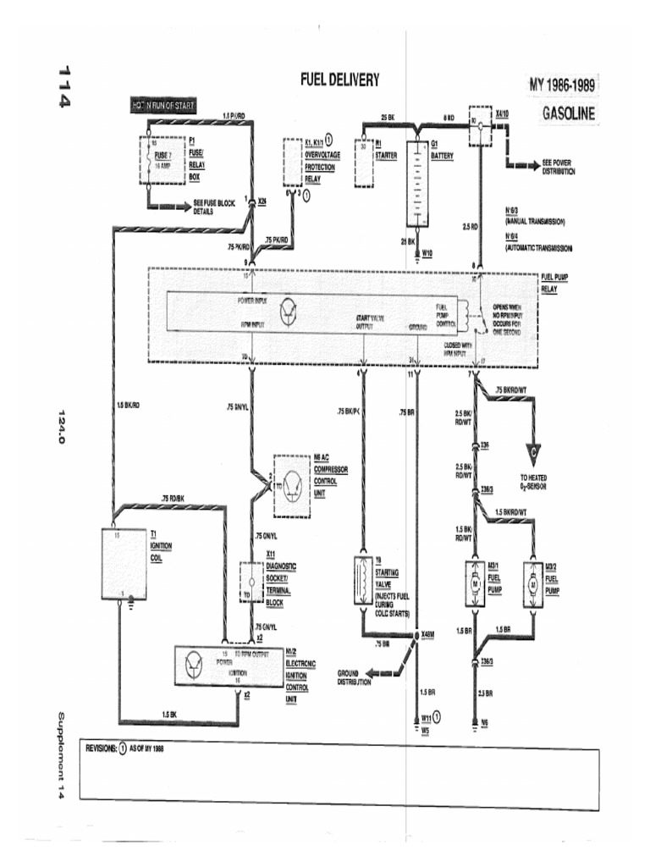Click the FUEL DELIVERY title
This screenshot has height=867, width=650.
point(339,80)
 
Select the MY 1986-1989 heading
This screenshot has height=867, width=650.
point(562,86)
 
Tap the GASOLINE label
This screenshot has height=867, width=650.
point(568,113)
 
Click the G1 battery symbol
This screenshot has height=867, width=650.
point(417,183)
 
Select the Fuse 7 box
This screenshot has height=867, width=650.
point(162,161)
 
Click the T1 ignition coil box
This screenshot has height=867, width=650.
point(124,563)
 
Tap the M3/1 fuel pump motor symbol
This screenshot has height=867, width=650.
point(475,583)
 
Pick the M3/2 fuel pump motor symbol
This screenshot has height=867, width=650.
point(532,583)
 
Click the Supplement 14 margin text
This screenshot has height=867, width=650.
point(62,756)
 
